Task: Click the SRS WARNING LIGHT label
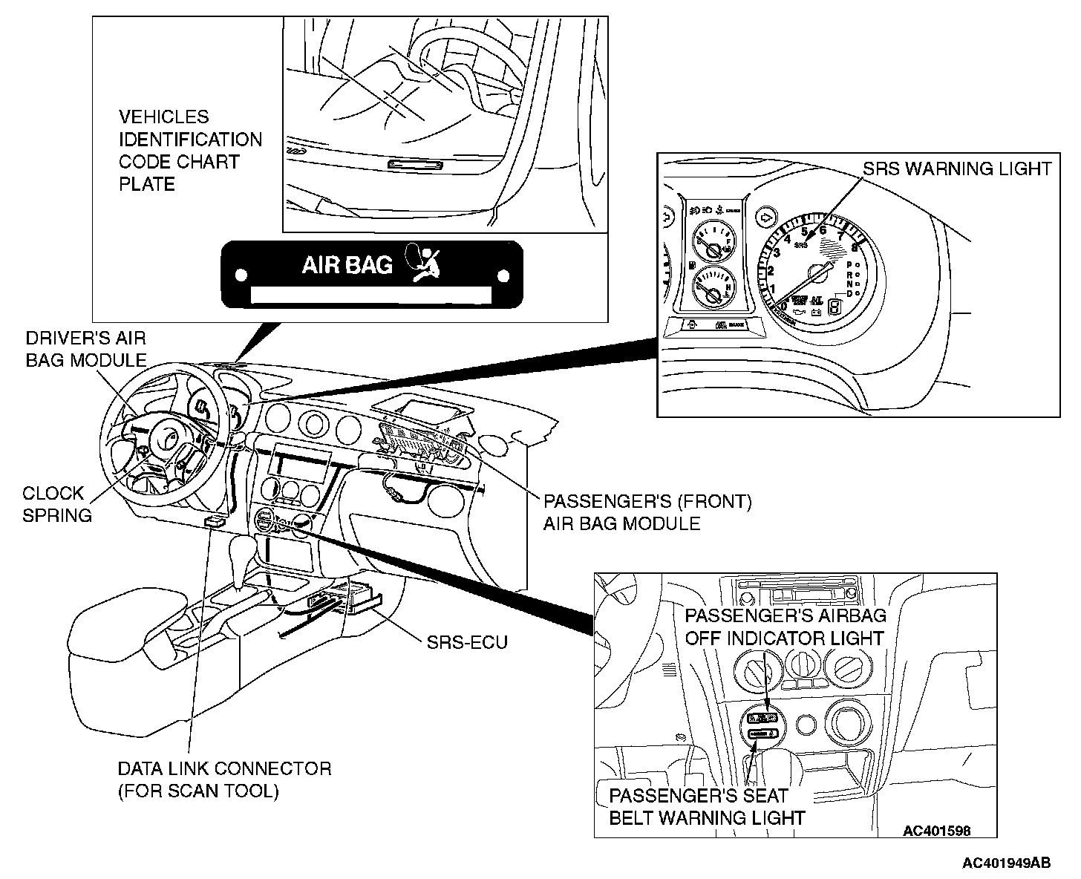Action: pos(957,169)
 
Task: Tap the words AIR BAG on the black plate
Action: pos(347,265)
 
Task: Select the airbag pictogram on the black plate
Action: pos(422,264)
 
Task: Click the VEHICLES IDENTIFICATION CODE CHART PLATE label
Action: pos(190,151)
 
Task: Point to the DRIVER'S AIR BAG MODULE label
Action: pos(86,349)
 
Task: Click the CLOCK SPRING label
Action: pos(56,504)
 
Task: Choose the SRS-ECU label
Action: pos(467,642)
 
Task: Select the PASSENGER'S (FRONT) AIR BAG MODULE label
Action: pos(647,512)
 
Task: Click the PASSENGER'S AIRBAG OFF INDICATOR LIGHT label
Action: pos(785,627)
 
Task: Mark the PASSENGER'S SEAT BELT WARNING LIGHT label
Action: pos(707,807)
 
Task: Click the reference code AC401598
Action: pos(936,831)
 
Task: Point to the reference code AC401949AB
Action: pos(1006,863)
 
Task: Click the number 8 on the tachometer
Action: pos(855,247)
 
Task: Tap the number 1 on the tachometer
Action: pos(772,288)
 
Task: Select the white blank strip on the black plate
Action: pos(371,295)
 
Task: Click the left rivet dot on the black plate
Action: pos(240,275)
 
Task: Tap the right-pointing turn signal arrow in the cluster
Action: pos(765,218)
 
